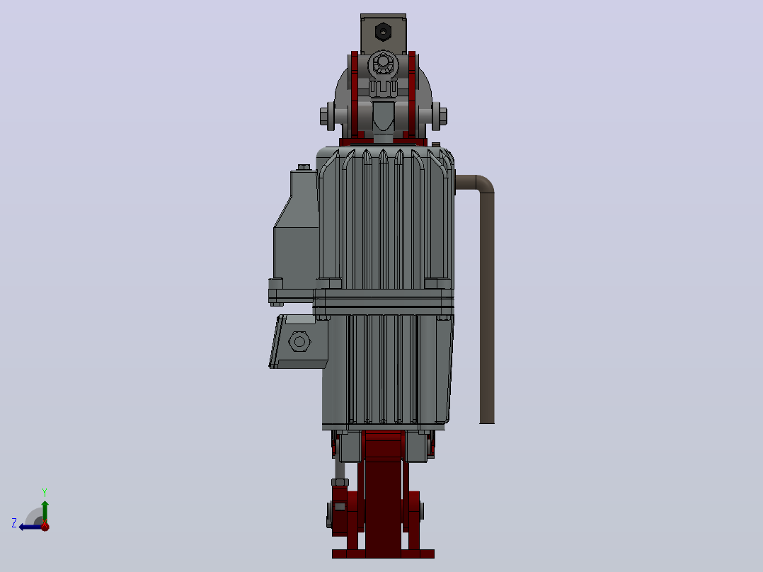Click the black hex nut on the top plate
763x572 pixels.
[x=383, y=32]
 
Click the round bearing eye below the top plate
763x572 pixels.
[x=384, y=63]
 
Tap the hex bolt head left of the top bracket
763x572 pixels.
[x=324, y=116]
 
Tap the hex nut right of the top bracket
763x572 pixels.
[x=443, y=116]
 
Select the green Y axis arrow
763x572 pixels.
[x=45, y=512]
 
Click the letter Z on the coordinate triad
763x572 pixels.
[x=14, y=523]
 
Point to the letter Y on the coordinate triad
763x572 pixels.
[x=45, y=492]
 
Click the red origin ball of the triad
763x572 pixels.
[x=45, y=526]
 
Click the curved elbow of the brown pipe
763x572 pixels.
[x=483, y=183]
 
